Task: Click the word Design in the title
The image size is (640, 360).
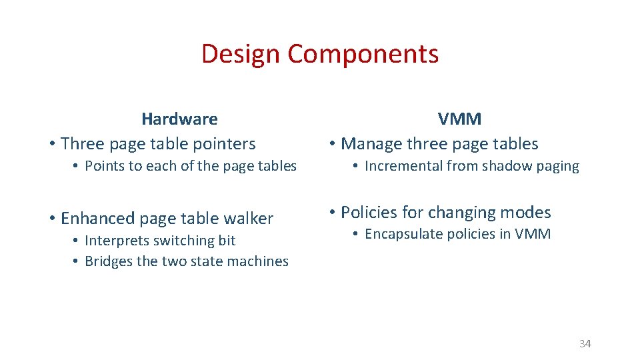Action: [241, 54]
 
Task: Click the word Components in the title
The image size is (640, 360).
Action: [363, 54]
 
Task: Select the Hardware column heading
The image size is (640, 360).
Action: [179, 119]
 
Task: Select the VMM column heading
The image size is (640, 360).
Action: [459, 119]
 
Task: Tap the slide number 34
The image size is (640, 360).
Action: [585, 344]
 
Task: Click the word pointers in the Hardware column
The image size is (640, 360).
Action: [223, 144]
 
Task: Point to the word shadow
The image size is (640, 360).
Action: [500, 166]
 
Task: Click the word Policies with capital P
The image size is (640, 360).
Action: [369, 213]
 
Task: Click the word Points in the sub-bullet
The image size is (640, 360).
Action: [104, 166]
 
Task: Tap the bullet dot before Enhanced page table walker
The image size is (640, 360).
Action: [51, 219]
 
